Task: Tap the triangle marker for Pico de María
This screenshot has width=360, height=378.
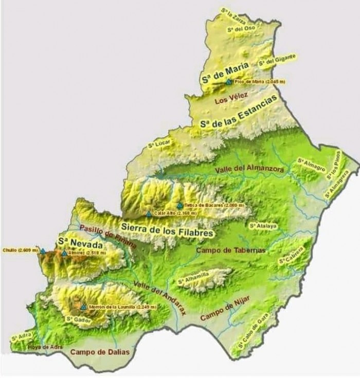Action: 228,81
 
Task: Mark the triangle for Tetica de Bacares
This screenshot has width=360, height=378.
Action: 179,205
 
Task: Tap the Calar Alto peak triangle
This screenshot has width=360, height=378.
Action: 149,213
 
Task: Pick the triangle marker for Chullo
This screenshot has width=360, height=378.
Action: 43,251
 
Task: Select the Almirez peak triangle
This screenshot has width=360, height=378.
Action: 64,253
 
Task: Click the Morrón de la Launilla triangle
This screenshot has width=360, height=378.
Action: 84,307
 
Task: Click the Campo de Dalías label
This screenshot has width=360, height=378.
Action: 100,352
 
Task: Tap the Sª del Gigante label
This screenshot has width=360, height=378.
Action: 277,59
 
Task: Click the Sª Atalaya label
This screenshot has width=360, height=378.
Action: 263,225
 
